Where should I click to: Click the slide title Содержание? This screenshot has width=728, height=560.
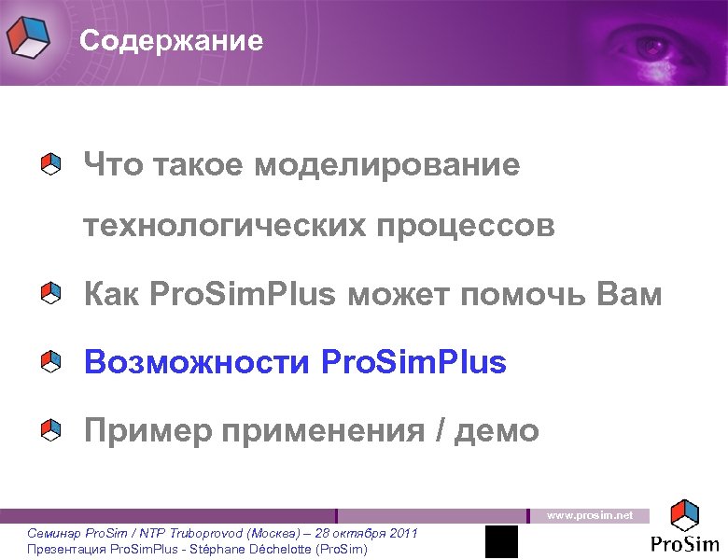[171, 42]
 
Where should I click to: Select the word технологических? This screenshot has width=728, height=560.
[220, 226]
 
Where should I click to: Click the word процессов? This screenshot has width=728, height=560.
[466, 226]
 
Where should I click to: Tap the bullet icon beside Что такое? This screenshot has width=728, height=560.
[51, 165]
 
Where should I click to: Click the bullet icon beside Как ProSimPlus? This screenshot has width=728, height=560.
[51, 296]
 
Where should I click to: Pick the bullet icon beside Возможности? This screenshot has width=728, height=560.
[51, 362]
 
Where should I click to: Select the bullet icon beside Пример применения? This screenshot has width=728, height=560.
[51, 430]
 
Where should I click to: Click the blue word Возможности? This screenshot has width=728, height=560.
[196, 362]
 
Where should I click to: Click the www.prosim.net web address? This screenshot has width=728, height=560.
[589, 515]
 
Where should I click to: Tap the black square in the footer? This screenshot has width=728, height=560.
[501, 541]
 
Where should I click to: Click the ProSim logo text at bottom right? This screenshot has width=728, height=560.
[685, 544]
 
